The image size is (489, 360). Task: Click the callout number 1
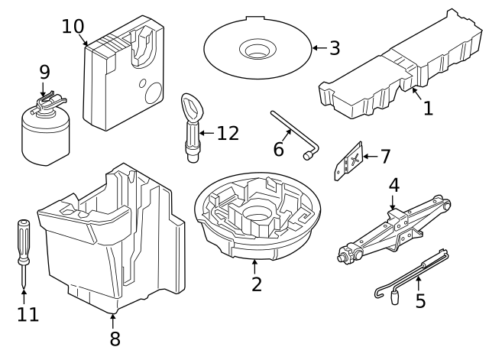[x=428, y=109]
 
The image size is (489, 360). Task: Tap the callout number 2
[x=257, y=284]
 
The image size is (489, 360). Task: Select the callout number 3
[x=334, y=48]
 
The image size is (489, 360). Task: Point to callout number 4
[x=393, y=186]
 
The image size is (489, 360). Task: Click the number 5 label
[x=420, y=300]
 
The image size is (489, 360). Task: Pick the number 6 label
[x=279, y=148]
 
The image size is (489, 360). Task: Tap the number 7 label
[x=384, y=157]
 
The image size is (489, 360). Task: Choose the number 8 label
[x=115, y=339]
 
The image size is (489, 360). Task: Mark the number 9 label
[x=44, y=73]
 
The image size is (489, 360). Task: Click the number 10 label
[x=73, y=26]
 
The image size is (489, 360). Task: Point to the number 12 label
[x=227, y=133]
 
